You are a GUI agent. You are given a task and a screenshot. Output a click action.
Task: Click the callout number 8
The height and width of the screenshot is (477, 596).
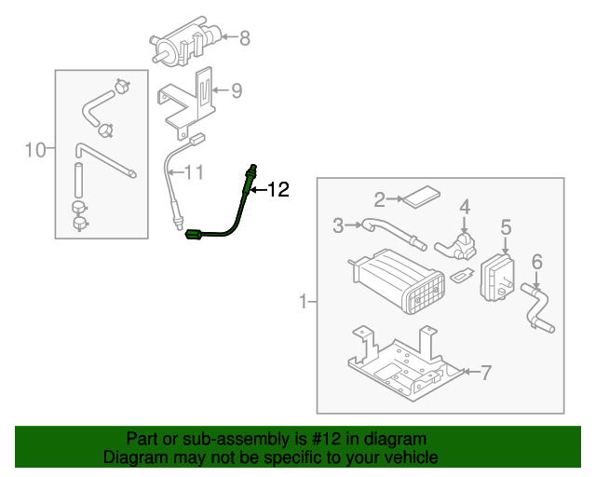click(245, 38)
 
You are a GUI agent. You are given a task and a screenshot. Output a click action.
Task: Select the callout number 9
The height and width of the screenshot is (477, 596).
click(237, 90)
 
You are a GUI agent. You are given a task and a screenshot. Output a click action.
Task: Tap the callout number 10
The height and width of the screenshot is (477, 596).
click(34, 149)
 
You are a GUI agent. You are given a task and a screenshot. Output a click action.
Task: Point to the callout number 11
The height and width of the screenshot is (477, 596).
click(193, 172)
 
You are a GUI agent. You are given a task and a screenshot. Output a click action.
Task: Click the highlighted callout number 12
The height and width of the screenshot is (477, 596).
click(278, 190)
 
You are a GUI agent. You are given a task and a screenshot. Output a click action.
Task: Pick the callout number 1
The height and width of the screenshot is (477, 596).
click(303, 302)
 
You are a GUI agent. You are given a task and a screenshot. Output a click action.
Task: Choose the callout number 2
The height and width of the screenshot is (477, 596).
click(380, 198)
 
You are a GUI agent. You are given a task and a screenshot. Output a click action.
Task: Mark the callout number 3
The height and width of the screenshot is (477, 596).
click(339, 225)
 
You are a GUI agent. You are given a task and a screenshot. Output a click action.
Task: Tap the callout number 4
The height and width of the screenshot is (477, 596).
click(464, 206)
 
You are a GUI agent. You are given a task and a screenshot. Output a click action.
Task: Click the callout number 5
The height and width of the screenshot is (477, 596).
click(506, 226)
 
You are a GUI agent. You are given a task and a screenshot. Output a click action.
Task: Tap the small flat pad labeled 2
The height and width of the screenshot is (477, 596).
click(421, 197)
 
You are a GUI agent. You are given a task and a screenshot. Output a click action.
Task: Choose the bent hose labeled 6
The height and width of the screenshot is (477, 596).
click(537, 307)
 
